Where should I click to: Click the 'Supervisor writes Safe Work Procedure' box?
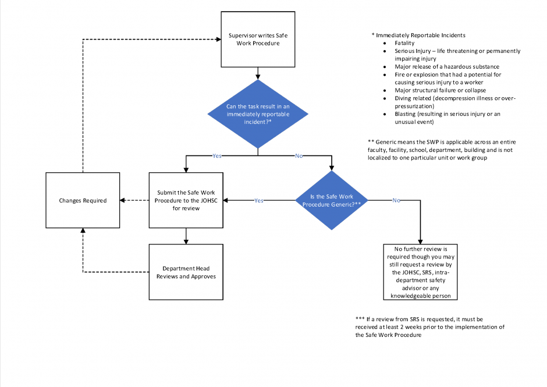pos(258,40)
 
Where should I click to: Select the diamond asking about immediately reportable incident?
pos(258,114)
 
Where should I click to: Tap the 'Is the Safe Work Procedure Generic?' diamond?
pos(332,200)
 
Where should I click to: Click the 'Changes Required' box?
pos(83,200)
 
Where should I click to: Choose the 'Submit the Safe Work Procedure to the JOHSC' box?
pos(186,200)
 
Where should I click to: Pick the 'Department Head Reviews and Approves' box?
pos(186,272)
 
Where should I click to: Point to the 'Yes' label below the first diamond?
pos(217,156)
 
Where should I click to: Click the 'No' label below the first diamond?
pos(299,156)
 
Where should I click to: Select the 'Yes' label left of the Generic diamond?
pos(259,200)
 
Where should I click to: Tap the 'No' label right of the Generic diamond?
pos(396,200)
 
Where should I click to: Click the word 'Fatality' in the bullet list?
pos(404,43)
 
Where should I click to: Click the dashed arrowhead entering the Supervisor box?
pos(219,40)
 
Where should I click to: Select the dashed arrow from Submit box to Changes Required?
pos(134,200)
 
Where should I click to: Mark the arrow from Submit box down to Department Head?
pos(186,236)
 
